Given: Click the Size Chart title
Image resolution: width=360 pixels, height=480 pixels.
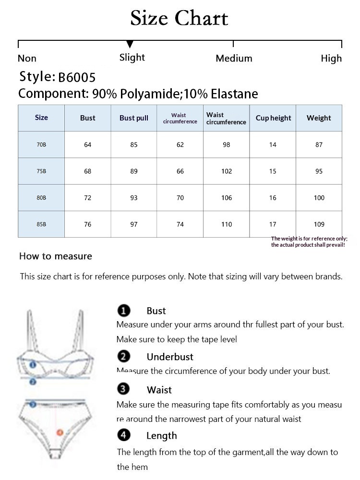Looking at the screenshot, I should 179,19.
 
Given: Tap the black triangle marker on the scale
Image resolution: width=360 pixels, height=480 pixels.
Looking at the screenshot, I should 130,45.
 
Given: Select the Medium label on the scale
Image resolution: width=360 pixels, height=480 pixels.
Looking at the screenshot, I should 234,59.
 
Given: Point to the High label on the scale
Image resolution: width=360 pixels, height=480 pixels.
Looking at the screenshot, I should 331,59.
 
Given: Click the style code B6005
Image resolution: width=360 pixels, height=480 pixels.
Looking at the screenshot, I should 77,77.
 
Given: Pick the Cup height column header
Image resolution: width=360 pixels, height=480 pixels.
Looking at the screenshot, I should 273,118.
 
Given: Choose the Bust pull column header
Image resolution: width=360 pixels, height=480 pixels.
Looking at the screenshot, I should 134,118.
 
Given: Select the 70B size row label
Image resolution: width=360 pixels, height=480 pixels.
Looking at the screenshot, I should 41,144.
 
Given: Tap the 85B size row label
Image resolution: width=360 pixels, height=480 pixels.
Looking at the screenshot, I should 41,224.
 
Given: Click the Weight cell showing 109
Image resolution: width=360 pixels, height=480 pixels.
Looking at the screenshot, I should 319,224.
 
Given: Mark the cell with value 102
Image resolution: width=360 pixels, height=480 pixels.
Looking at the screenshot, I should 227,171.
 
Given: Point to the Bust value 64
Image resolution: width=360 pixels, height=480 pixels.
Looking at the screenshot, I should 87,144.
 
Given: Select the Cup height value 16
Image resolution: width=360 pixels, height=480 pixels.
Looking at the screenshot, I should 273,198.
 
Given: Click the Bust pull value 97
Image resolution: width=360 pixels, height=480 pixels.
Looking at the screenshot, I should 134,224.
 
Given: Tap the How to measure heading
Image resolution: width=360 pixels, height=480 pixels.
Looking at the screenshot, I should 56,256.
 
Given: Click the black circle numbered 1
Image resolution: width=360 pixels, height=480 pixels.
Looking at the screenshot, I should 124,311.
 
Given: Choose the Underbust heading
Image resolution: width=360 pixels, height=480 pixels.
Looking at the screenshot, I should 170,357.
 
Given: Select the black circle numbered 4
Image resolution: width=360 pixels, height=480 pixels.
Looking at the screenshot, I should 124,435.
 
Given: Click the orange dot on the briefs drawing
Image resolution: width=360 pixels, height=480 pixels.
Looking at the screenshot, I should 60,432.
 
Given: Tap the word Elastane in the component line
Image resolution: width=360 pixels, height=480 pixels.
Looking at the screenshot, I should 234,94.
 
